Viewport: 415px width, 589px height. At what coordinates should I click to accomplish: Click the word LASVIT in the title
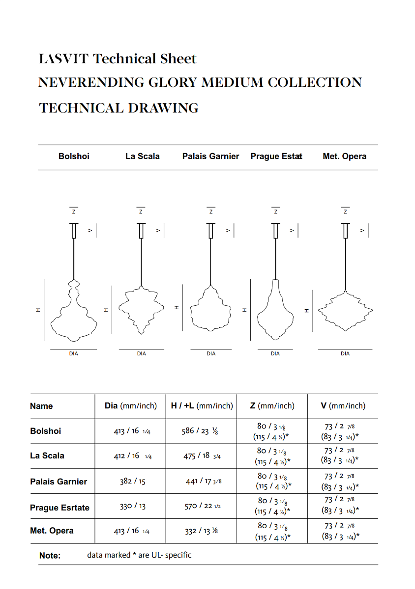(64, 59)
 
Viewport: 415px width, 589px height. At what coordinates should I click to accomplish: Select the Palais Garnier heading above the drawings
(210, 157)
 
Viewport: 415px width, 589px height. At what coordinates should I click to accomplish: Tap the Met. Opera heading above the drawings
(344, 157)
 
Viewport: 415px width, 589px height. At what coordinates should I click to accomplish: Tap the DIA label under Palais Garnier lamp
(211, 353)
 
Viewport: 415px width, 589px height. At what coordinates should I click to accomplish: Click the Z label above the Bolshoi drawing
(74, 212)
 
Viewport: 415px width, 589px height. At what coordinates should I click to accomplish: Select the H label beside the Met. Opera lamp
(306, 310)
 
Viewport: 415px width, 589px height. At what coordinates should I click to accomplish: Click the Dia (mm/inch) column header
(131, 406)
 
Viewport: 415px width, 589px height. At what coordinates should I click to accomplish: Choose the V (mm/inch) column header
(343, 406)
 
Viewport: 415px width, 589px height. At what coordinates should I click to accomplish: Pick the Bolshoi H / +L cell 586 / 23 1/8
(200, 431)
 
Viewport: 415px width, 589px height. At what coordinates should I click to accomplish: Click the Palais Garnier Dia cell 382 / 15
(133, 482)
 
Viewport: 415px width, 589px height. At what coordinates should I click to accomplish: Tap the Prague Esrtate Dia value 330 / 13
(133, 507)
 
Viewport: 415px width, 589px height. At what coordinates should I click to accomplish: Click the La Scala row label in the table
(47, 456)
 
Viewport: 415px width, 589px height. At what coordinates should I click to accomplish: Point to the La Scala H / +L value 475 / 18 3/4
(202, 456)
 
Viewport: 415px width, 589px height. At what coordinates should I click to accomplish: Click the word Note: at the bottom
(50, 556)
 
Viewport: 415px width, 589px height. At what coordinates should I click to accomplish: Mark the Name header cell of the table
(41, 406)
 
